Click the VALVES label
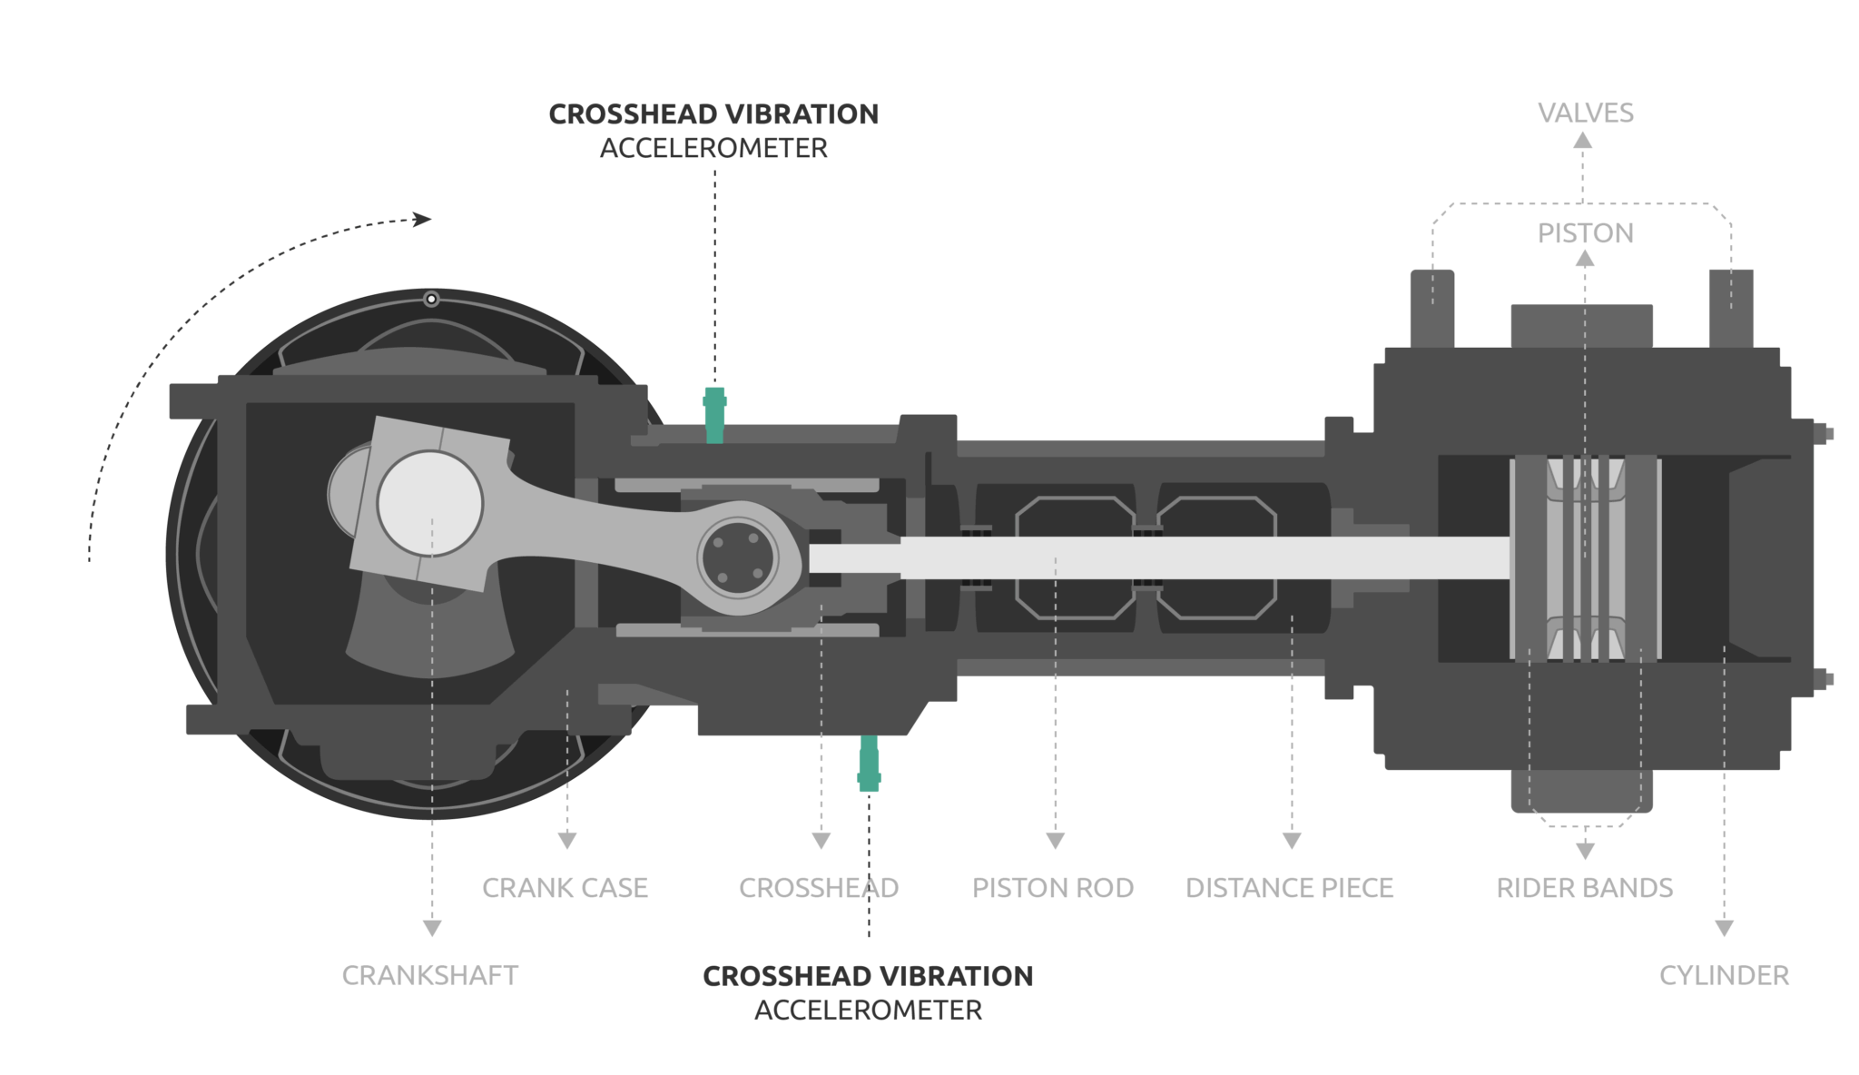pos(1585,113)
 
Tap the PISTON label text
pos(1585,233)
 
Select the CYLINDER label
pos(1724,976)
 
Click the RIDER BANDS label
pos(1584,888)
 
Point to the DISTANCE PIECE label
pos(1289,888)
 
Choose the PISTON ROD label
pos(1053,888)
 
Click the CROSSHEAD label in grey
pos(818,888)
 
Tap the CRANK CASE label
pos(565,888)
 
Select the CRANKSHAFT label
pos(429,976)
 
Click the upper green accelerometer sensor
pos(715,415)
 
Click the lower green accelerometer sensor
pos(869,763)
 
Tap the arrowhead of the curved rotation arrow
pos(422,219)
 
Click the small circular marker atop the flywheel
pos(431,299)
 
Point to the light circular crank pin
pos(429,504)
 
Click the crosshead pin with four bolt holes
pos(738,558)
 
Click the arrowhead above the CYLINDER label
pos(1724,928)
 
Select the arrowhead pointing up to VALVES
pos(1582,140)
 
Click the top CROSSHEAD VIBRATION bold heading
pos(713,114)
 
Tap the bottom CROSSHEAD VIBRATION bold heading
pos(868,976)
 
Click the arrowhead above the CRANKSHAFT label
pos(432,928)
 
